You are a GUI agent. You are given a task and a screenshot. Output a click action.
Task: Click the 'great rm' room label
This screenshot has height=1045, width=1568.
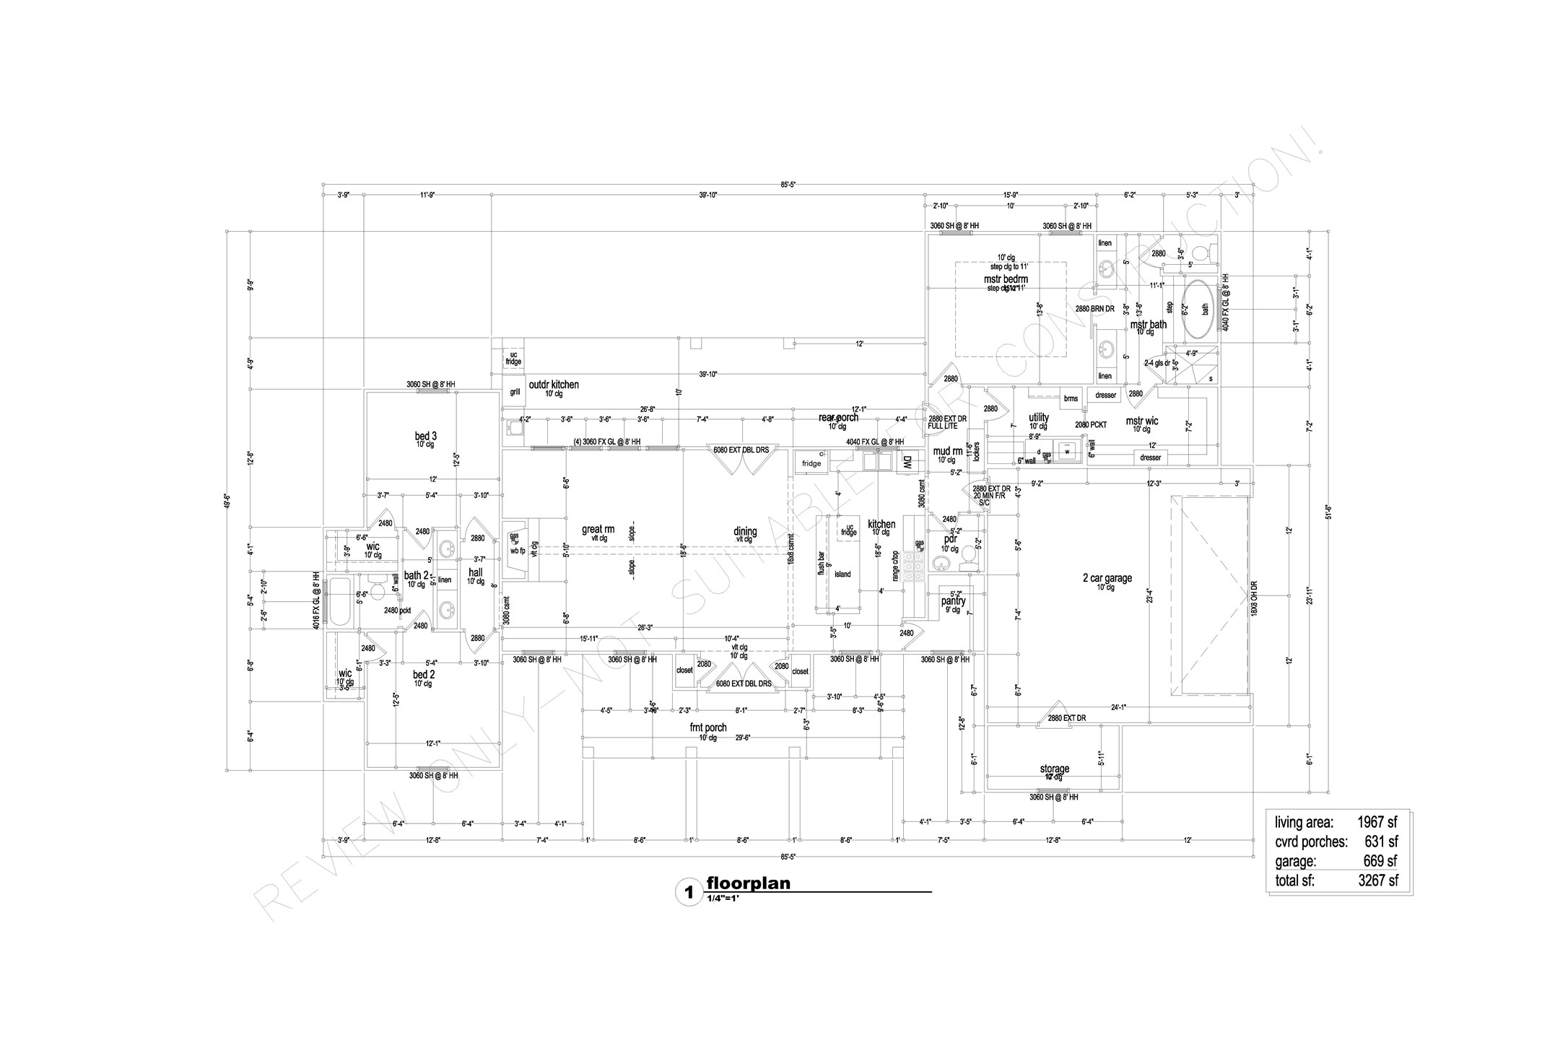click(x=598, y=529)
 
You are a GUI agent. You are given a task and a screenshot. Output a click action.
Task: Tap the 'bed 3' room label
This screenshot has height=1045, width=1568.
click(x=425, y=436)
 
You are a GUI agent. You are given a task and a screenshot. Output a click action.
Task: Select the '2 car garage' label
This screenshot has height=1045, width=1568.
click(x=1107, y=577)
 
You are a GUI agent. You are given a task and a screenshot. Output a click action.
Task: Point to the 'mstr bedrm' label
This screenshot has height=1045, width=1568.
click(x=1006, y=279)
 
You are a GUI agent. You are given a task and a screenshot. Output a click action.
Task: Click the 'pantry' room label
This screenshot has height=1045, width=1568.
click(x=953, y=600)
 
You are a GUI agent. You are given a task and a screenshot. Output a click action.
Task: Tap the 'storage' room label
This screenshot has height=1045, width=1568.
click(x=1054, y=769)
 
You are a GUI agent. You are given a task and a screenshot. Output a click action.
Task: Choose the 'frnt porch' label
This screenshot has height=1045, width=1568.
click(x=707, y=727)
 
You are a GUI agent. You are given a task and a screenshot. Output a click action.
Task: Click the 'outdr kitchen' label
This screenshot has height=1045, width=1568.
click(x=554, y=385)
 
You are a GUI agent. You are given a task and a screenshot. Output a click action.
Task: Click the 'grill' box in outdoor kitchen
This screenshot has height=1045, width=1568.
click(x=515, y=393)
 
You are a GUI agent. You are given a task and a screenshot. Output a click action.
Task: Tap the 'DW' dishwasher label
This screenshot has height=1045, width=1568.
click(x=907, y=463)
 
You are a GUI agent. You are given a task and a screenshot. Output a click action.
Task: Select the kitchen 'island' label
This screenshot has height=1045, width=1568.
click(x=842, y=574)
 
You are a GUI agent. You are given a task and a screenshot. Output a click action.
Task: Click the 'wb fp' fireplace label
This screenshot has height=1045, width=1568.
click(x=518, y=551)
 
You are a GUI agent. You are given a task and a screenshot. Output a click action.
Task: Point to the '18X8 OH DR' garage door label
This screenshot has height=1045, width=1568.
click(x=1254, y=598)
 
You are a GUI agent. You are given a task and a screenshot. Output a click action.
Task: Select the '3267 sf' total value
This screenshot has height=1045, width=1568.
click(x=1377, y=880)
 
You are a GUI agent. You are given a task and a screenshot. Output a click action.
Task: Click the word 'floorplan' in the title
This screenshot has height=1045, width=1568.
click(x=748, y=883)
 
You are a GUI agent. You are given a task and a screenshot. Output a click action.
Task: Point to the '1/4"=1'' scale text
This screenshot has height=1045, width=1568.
click(x=723, y=899)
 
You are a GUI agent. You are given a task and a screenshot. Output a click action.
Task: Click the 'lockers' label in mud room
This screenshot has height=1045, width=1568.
click(x=977, y=452)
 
